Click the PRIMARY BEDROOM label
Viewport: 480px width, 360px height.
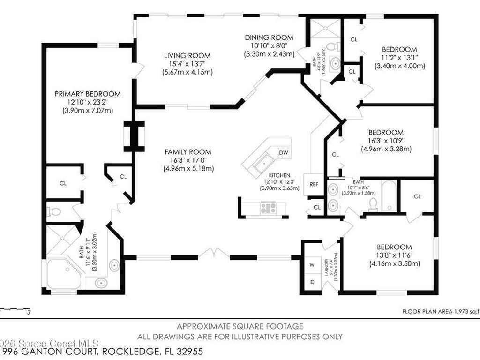click(88, 94)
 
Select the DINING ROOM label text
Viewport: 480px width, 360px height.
click(269, 37)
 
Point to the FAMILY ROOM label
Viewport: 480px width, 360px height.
click(187, 152)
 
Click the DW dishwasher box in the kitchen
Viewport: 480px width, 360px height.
click(283, 152)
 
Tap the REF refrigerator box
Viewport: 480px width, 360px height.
click(314, 184)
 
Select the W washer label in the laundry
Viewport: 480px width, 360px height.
click(312, 264)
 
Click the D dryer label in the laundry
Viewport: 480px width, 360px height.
click(312, 282)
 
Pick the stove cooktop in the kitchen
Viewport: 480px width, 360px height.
click(269, 207)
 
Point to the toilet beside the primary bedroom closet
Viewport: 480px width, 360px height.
click(55, 212)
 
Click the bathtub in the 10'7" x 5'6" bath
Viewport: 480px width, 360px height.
click(388, 195)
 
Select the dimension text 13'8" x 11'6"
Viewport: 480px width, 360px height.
click(394, 255)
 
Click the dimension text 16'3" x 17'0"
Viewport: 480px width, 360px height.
click(187, 160)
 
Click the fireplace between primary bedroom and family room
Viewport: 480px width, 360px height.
click(134, 136)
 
